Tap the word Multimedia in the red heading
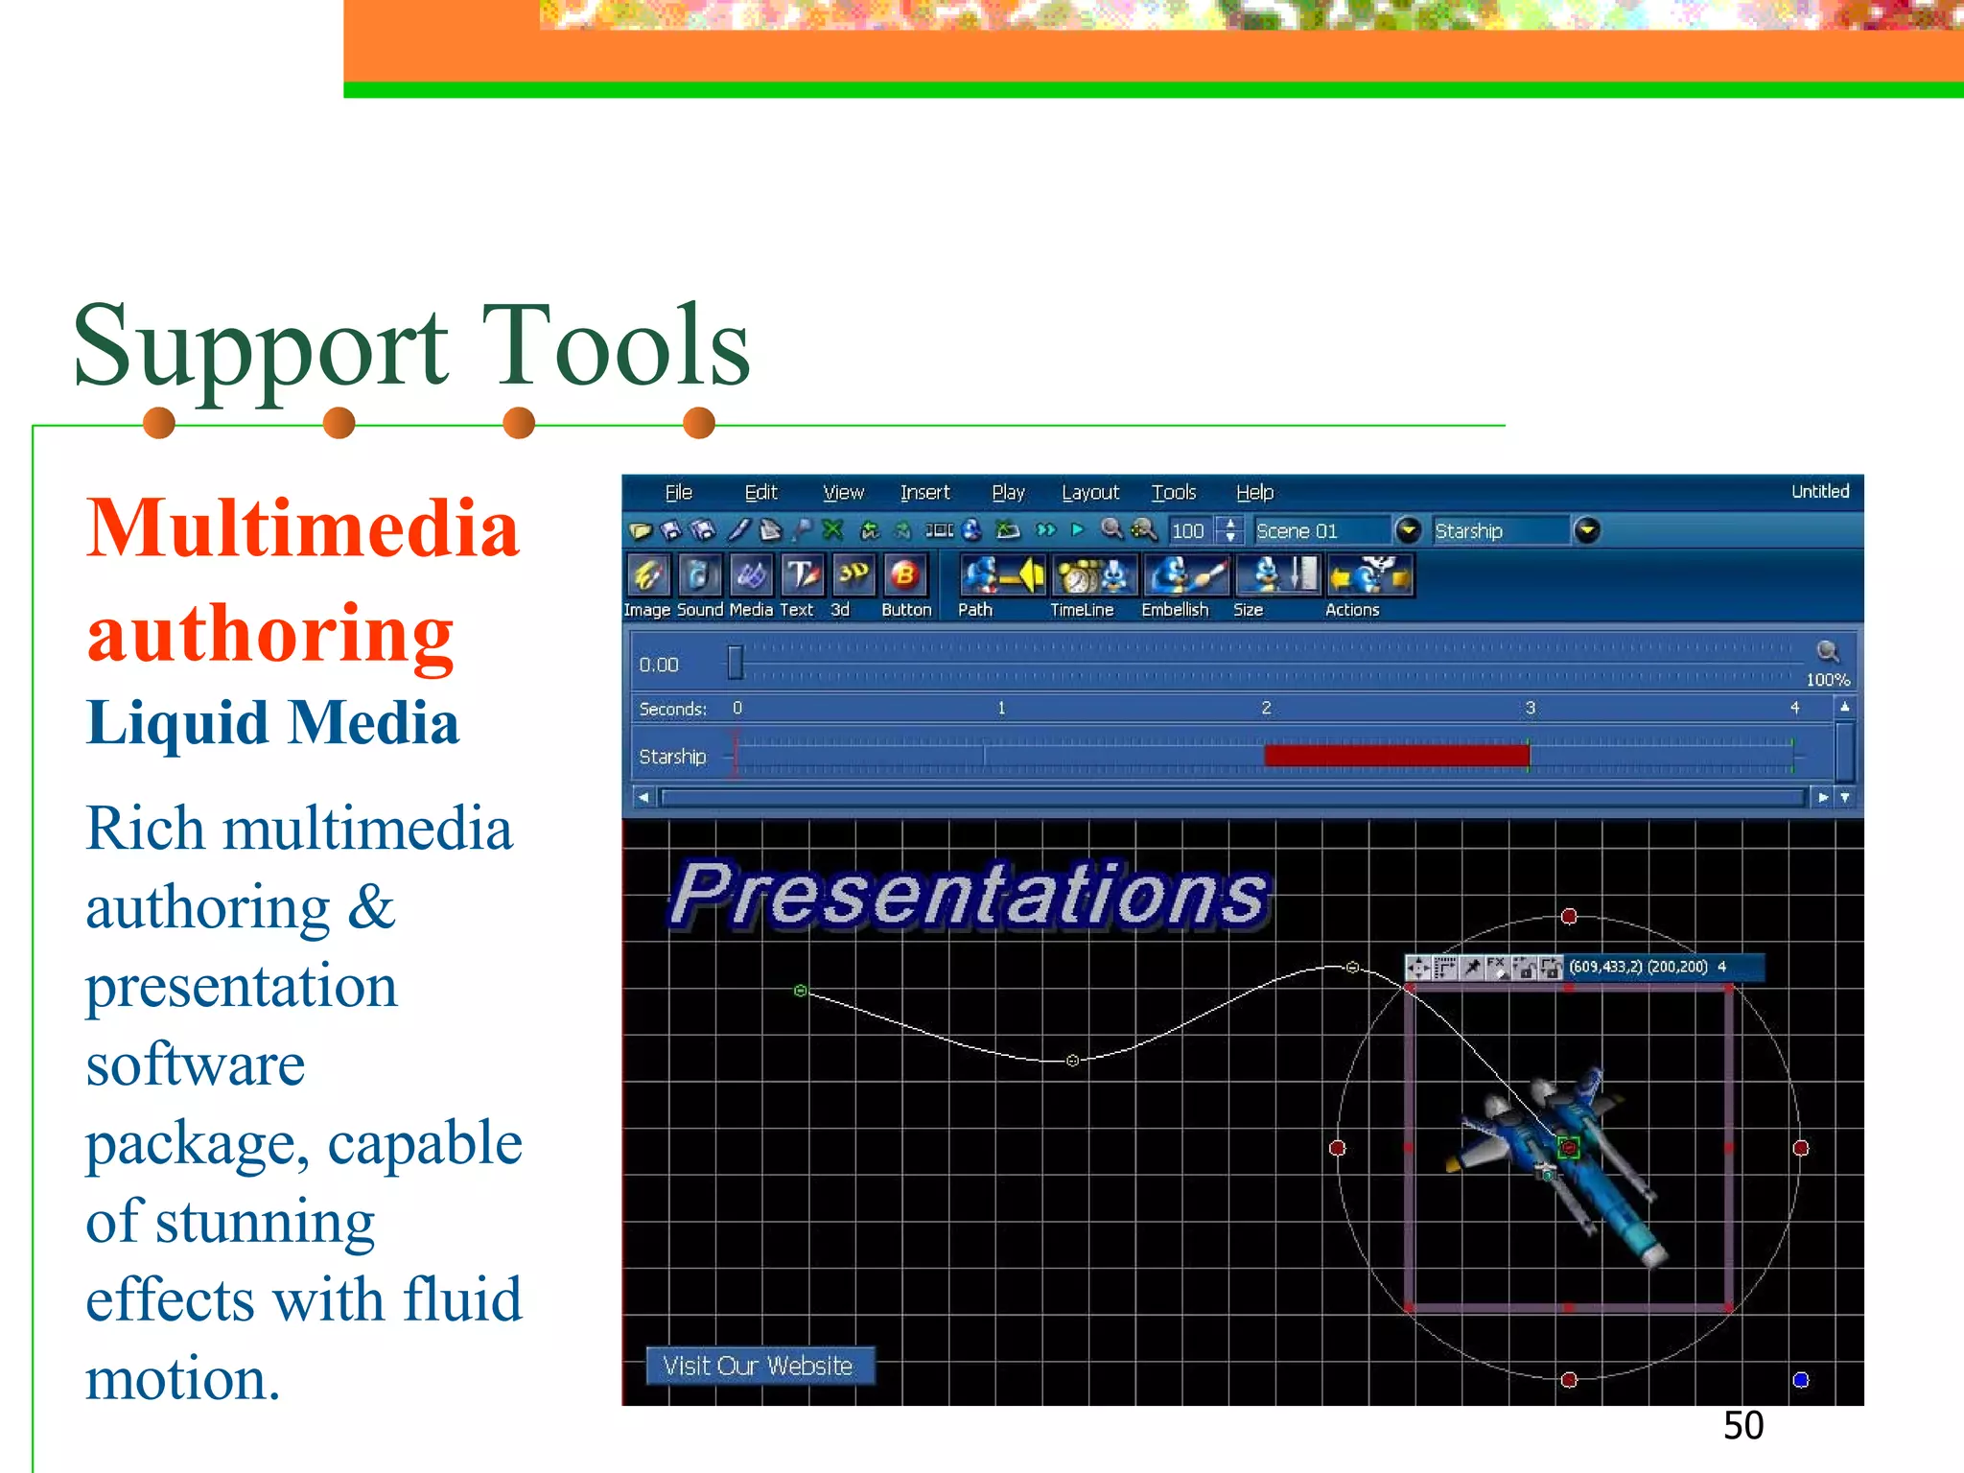pyautogui.click(x=302, y=529)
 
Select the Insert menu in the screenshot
pyautogui.click(x=924, y=493)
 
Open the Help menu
pyautogui.click(x=1253, y=493)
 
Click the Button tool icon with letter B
pyautogui.click(x=904, y=576)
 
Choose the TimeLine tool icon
pyautogui.click(x=1094, y=576)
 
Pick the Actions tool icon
pyautogui.click(x=1368, y=576)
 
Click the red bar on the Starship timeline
pyautogui.click(x=1395, y=756)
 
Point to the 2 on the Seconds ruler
pyautogui.click(x=1266, y=708)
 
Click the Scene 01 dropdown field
pyautogui.click(x=1321, y=531)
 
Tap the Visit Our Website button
pyautogui.click(x=759, y=1366)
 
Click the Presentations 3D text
pyautogui.click(x=969, y=895)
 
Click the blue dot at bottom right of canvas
pyautogui.click(x=1800, y=1380)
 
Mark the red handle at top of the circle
pyautogui.click(x=1569, y=917)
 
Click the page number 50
pyautogui.click(x=1742, y=1426)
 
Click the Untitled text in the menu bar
pyautogui.click(x=1819, y=492)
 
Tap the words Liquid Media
pyautogui.click(x=272, y=723)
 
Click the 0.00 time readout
pyautogui.click(x=659, y=666)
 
